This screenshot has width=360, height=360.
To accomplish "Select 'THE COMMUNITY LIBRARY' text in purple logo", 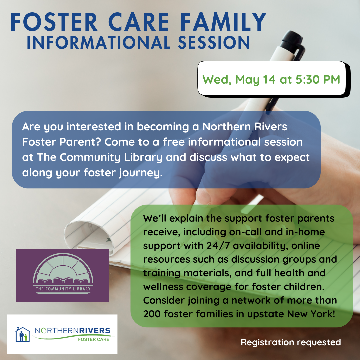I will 63,288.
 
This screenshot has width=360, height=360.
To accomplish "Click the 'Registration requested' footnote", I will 291,342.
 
